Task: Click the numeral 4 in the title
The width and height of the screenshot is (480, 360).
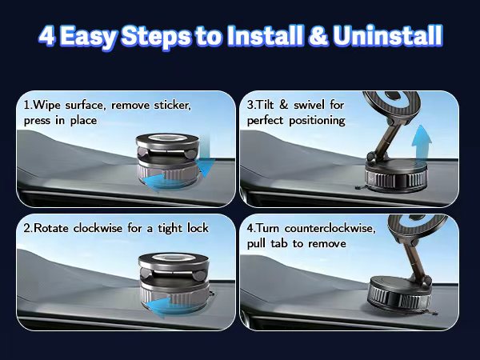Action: point(47,35)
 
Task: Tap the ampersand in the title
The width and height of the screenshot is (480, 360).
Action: point(318,35)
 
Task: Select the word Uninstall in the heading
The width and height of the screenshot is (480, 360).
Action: point(388,35)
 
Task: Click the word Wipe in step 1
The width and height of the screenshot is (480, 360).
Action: point(46,105)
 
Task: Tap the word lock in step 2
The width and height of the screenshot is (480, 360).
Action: point(198,228)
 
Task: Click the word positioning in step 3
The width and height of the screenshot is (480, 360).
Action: point(317,121)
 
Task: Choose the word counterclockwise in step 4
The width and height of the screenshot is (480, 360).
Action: point(330,228)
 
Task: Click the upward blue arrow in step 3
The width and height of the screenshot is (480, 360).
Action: point(422,142)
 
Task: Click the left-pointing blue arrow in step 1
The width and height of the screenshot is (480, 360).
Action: point(162,182)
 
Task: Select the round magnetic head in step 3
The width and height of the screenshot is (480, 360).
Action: point(391,106)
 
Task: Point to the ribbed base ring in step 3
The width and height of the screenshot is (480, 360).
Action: point(395,180)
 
